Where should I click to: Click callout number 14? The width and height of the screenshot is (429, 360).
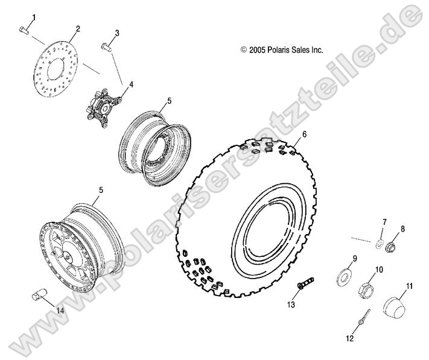(59, 311)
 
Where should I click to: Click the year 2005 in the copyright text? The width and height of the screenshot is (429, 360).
(259, 51)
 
